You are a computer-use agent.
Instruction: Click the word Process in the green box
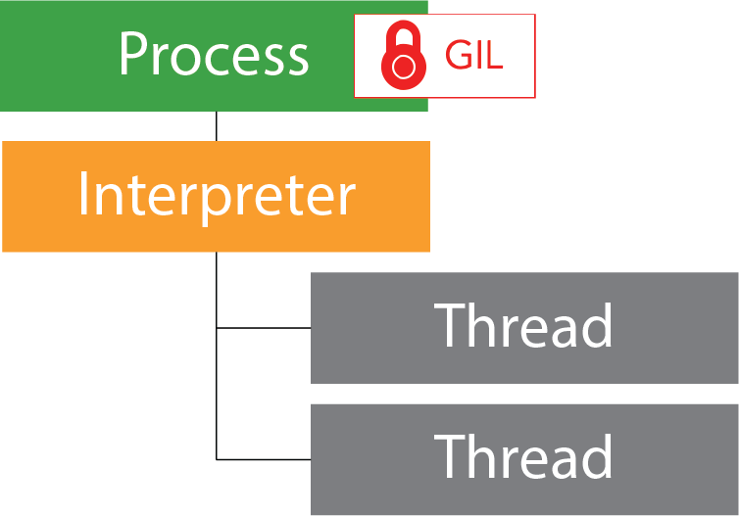click(214, 55)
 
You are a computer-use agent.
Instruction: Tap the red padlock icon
click(402, 55)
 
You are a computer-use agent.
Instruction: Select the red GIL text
click(473, 56)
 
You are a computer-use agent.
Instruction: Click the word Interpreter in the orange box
click(216, 195)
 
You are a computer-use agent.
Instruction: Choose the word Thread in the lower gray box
click(523, 456)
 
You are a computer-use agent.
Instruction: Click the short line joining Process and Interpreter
click(216, 126)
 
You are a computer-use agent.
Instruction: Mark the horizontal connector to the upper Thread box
click(263, 328)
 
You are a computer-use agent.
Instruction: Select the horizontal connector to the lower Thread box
click(263, 458)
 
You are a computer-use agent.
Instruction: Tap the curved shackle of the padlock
click(402, 35)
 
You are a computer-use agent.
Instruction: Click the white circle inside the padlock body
click(402, 67)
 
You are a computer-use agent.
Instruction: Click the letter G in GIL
click(457, 56)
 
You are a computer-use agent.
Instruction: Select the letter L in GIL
click(493, 56)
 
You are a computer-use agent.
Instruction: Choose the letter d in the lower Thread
click(597, 456)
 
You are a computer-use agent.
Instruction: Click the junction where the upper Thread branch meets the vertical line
click(216, 328)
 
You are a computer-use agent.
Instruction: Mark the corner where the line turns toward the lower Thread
click(216, 458)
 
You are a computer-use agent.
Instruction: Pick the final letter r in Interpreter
click(346, 199)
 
